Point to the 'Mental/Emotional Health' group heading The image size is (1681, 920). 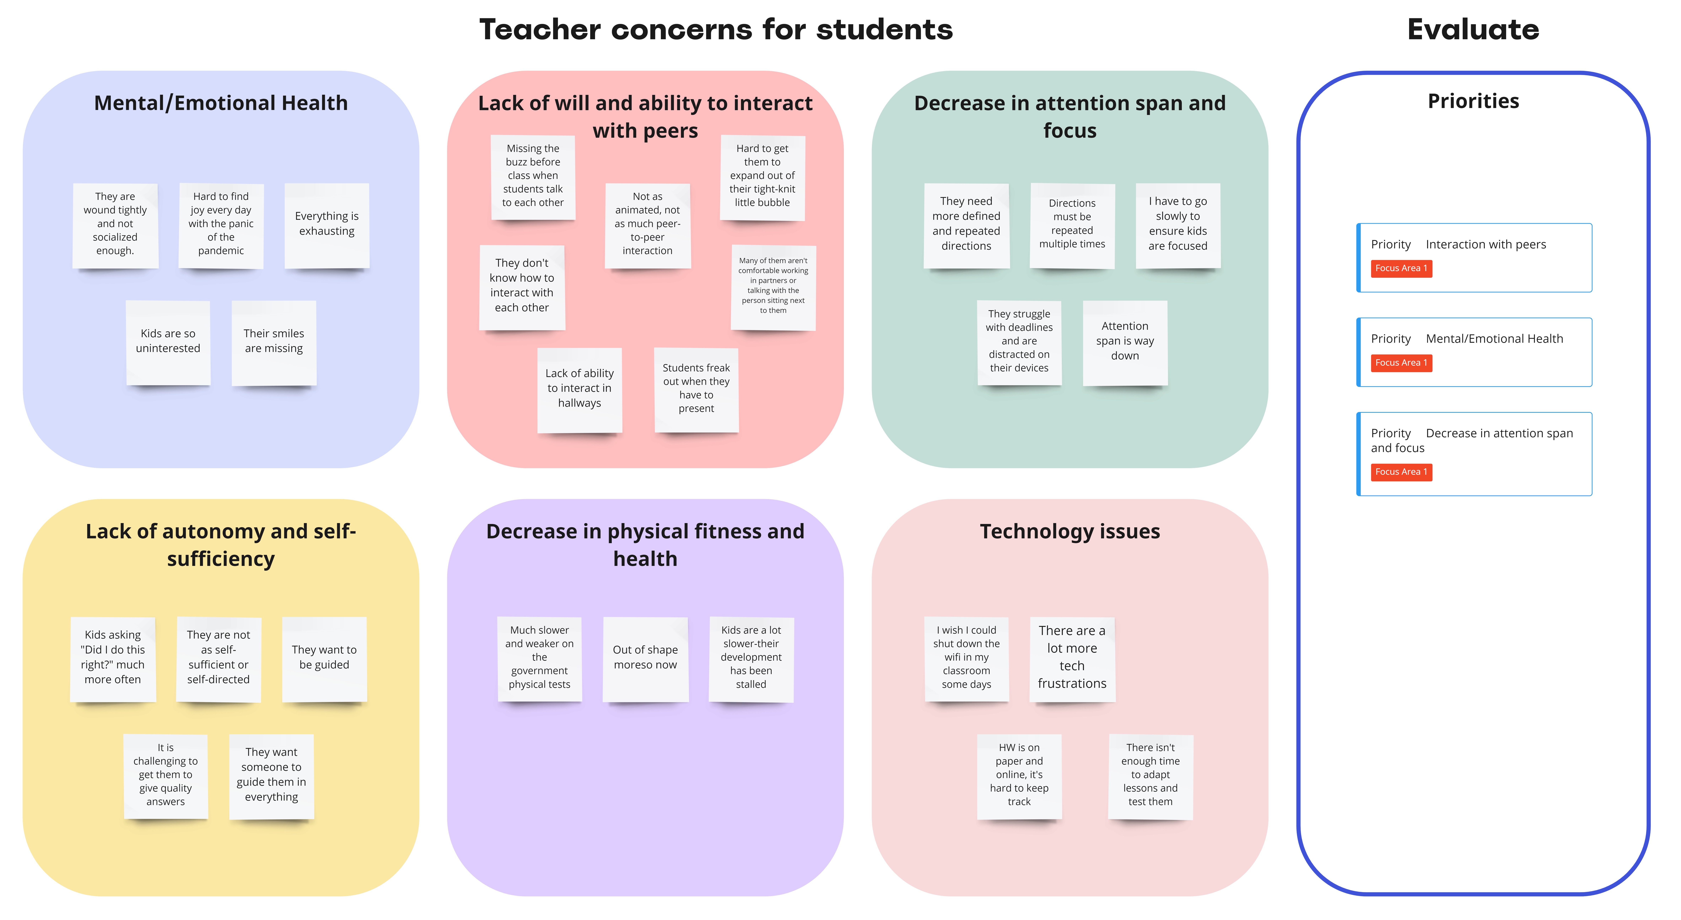[x=221, y=103]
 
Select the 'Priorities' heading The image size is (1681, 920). [x=1473, y=101]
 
